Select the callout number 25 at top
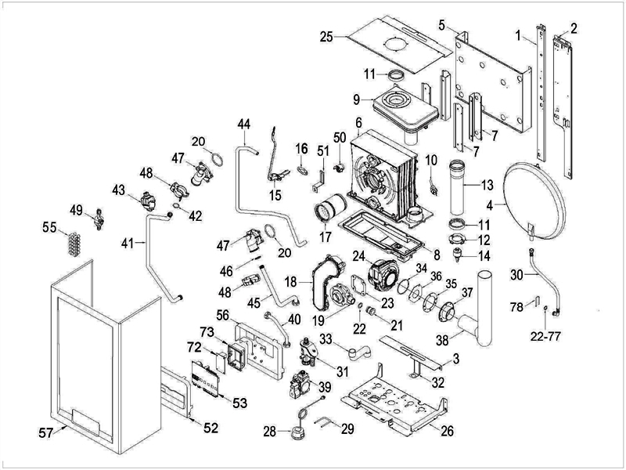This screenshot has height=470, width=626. (327, 36)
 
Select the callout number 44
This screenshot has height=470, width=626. (245, 125)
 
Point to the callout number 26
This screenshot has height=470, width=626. (448, 430)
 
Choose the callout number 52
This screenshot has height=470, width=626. (211, 428)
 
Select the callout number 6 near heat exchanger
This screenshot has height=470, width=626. (358, 122)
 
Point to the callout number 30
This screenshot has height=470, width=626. (516, 275)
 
